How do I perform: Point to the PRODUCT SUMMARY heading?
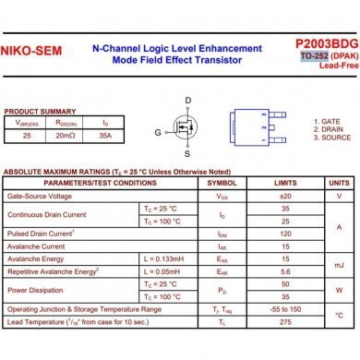tap(41, 111)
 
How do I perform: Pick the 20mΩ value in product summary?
tap(65, 135)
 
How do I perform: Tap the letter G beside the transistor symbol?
tap(158, 133)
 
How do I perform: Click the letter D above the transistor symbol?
tap(188, 100)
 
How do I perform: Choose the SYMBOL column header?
tap(222, 183)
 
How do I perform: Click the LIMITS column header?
tap(284, 183)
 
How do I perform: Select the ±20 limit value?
tap(284, 197)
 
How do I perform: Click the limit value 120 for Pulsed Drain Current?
tap(284, 234)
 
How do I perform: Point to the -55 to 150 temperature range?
tap(284, 309)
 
